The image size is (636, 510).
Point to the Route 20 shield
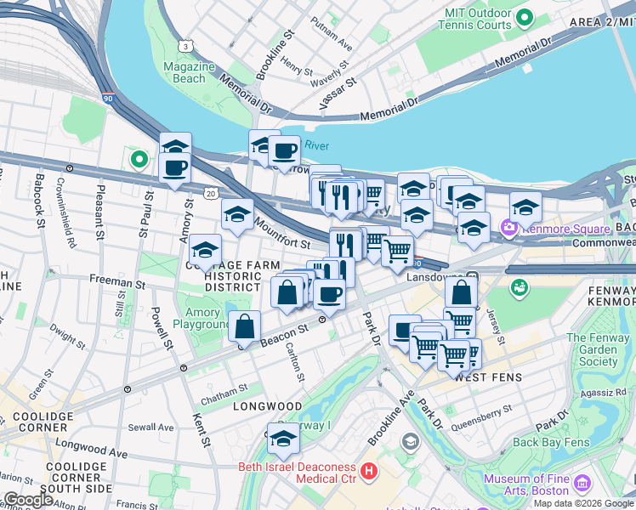click(x=210, y=195)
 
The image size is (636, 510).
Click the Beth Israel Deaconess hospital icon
click(x=369, y=470)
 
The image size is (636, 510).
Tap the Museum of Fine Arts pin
click(x=582, y=484)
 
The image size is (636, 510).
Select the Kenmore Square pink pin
click(x=510, y=228)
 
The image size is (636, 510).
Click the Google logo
click(x=29, y=500)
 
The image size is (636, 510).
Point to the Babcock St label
click(x=39, y=201)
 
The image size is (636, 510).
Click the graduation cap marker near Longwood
click(x=283, y=439)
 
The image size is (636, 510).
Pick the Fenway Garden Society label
click(x=599, y=349)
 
